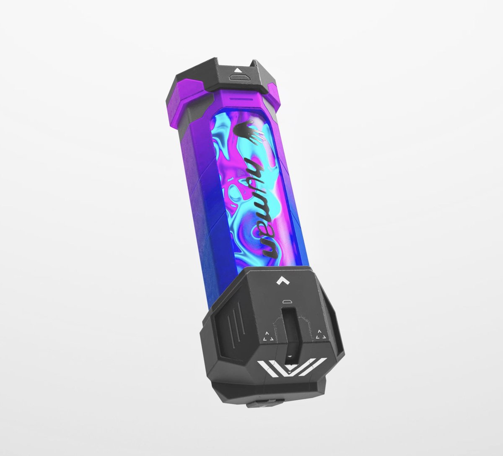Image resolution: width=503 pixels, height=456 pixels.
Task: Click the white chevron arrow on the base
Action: pyautogui.click(x=283, y=281)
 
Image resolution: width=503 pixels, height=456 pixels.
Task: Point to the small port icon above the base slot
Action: pyautogui.click(x=286, y=301)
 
